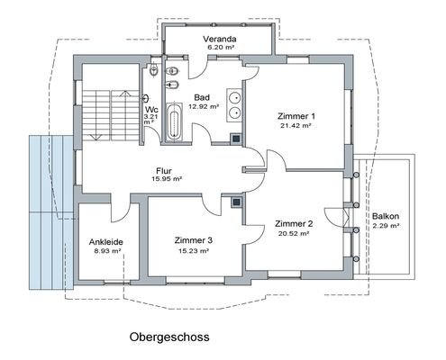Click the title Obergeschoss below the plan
[170, 337]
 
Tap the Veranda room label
[220, 39]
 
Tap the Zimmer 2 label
[294, 223]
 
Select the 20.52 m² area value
[294, 233]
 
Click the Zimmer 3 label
[193, 240]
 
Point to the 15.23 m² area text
[193, 251]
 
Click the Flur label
[164, 169]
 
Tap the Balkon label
[385, 217]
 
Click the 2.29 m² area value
[385, 227]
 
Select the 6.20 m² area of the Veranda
[219, 49]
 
